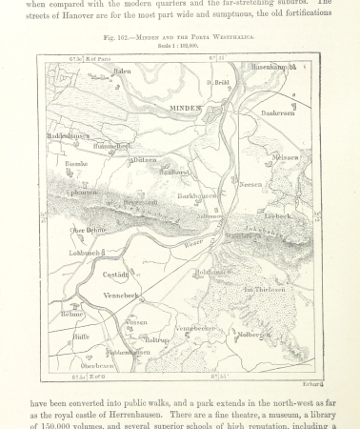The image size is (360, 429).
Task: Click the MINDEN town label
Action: pyautogui.click(x=186, y=110)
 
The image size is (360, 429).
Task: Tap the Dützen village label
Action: pyautogui.click(x=144, y=160)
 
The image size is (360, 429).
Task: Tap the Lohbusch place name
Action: pyautogui.click(x=86, y=253)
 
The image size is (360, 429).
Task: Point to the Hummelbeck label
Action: pyautogui.click(x=113, y=146)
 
